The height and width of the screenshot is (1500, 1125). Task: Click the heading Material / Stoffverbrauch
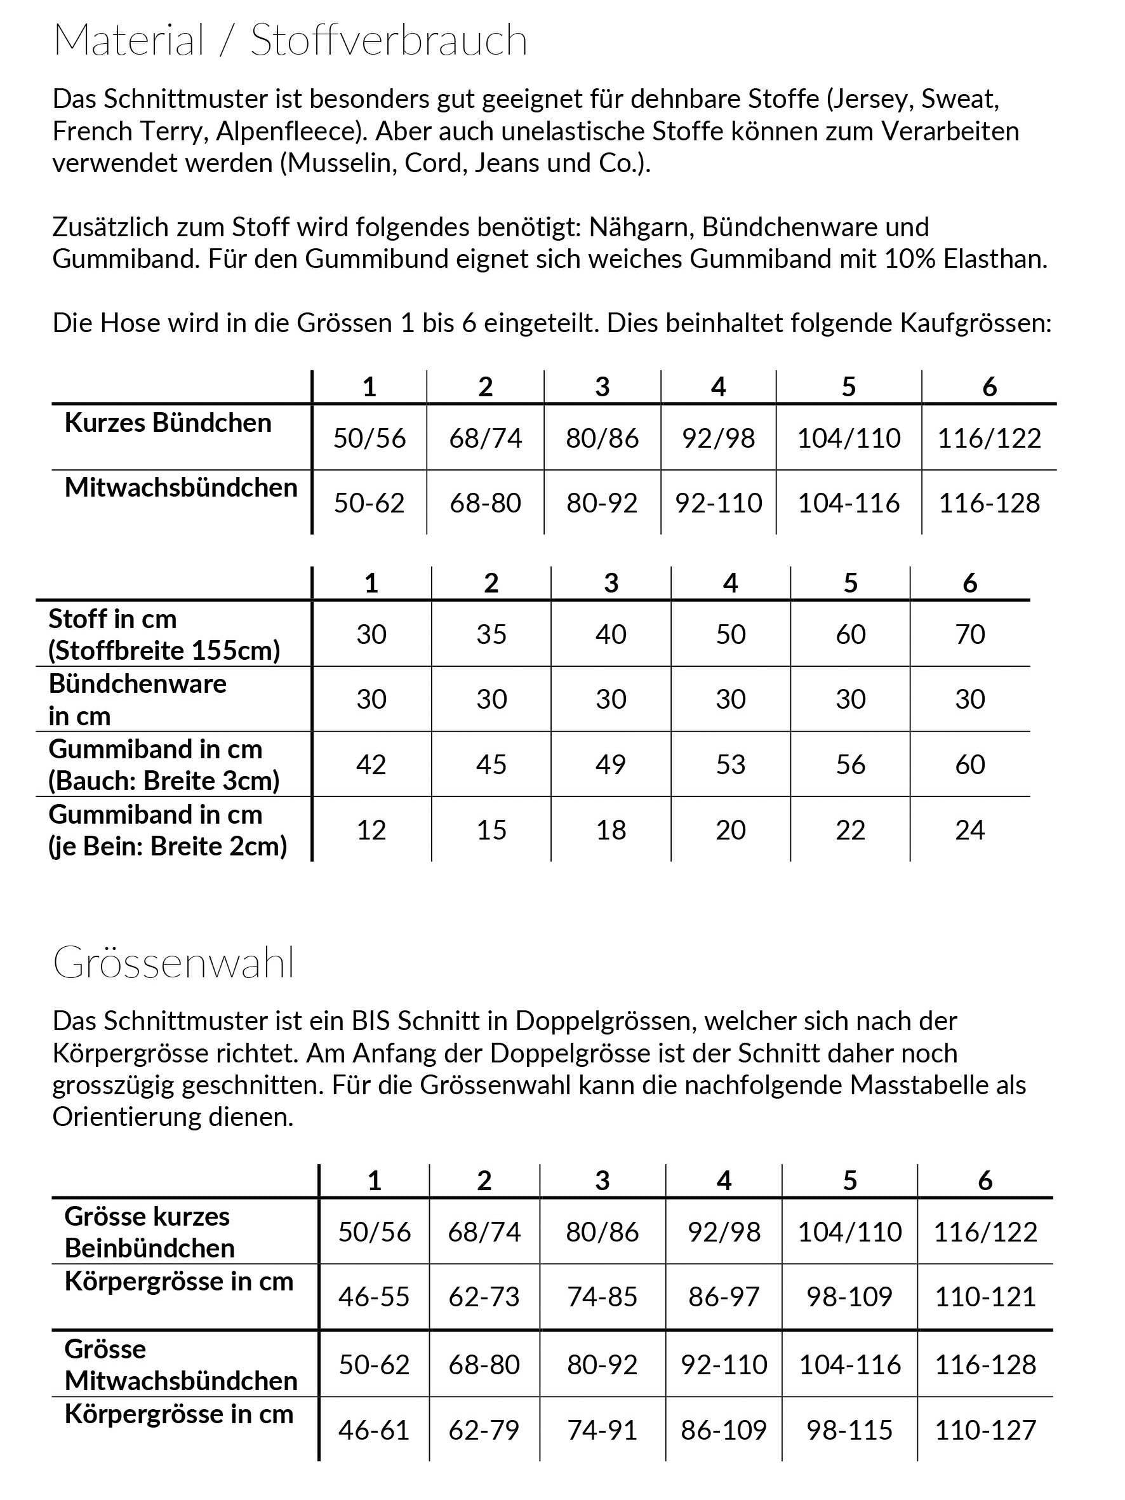[290, 41]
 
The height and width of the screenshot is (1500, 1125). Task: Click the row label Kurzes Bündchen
[168, 423]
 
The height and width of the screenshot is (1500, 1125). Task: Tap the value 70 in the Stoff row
[969, 634]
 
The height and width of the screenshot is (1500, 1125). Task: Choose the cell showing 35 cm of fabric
[491, 634]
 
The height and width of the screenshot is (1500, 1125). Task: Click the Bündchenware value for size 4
[730, 699]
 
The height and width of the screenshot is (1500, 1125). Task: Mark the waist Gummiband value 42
[371, 765]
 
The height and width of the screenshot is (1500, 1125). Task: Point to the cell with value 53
[730, 765]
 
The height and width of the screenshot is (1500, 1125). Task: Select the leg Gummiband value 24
[969, 830]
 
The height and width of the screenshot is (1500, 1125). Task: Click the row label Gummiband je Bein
[168, 830]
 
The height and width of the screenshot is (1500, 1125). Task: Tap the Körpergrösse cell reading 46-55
[375, 1297]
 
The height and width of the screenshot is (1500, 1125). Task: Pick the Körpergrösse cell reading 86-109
[724, 1430]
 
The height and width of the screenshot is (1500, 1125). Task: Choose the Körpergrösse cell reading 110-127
[985, 1430]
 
